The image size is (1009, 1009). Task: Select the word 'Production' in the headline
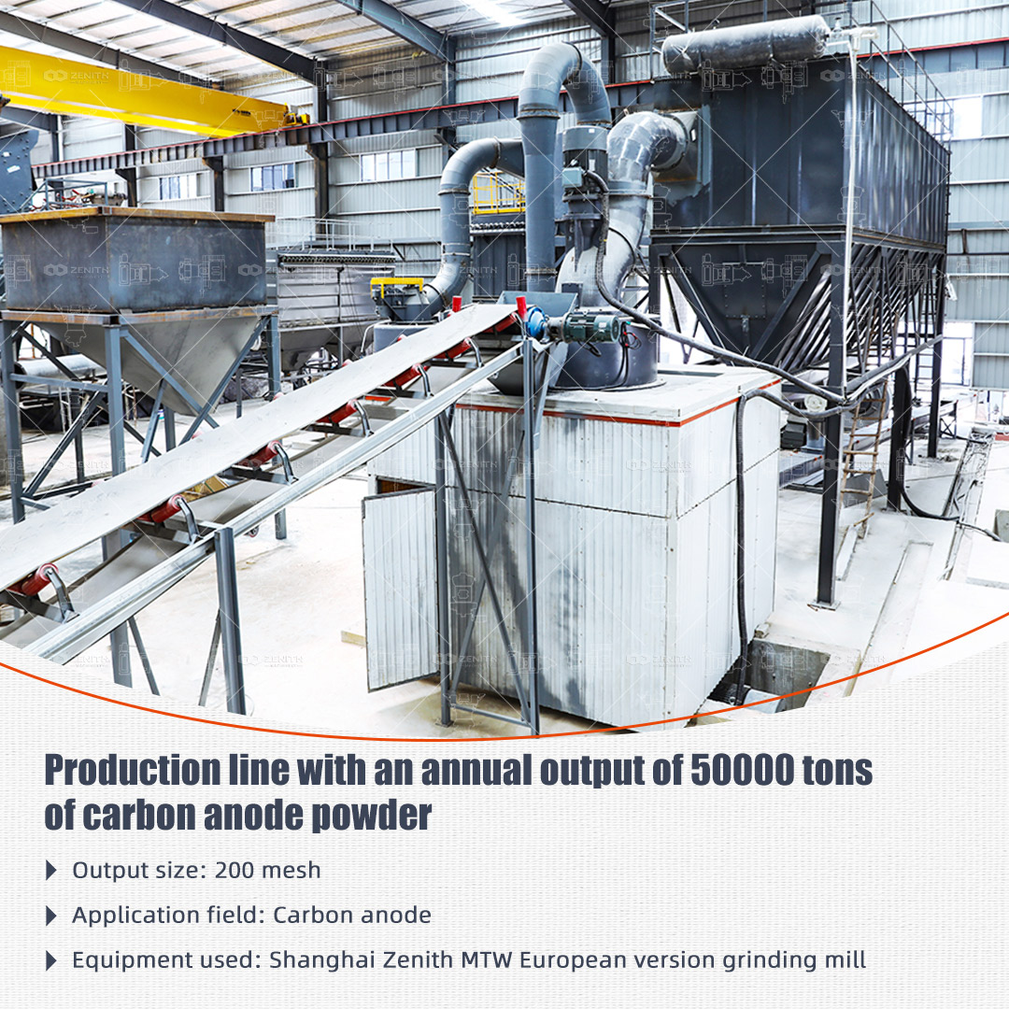click(133, 770)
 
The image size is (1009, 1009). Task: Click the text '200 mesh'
click(268, 870)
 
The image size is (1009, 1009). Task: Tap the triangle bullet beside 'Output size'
click(51, 871)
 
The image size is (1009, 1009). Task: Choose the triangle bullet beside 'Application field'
click(51, 916)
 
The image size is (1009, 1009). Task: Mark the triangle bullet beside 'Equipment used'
click(51, 960)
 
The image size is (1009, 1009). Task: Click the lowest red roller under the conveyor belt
click(36, 580)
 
